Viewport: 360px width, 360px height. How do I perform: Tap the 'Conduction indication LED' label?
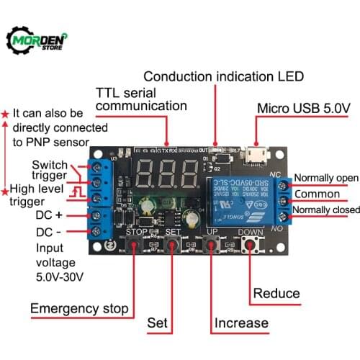(x=223, y=76)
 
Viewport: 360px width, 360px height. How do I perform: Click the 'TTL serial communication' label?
(x=141, y=100)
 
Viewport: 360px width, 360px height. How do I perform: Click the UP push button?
(x=211, y=246)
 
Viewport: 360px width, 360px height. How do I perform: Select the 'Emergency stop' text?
(x=79, y=309)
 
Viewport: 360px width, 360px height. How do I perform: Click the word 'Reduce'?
(x=276, y=292)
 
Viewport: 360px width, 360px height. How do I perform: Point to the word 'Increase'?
(x=240, y=323)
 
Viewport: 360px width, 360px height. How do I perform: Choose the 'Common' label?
(x=317, y=194)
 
